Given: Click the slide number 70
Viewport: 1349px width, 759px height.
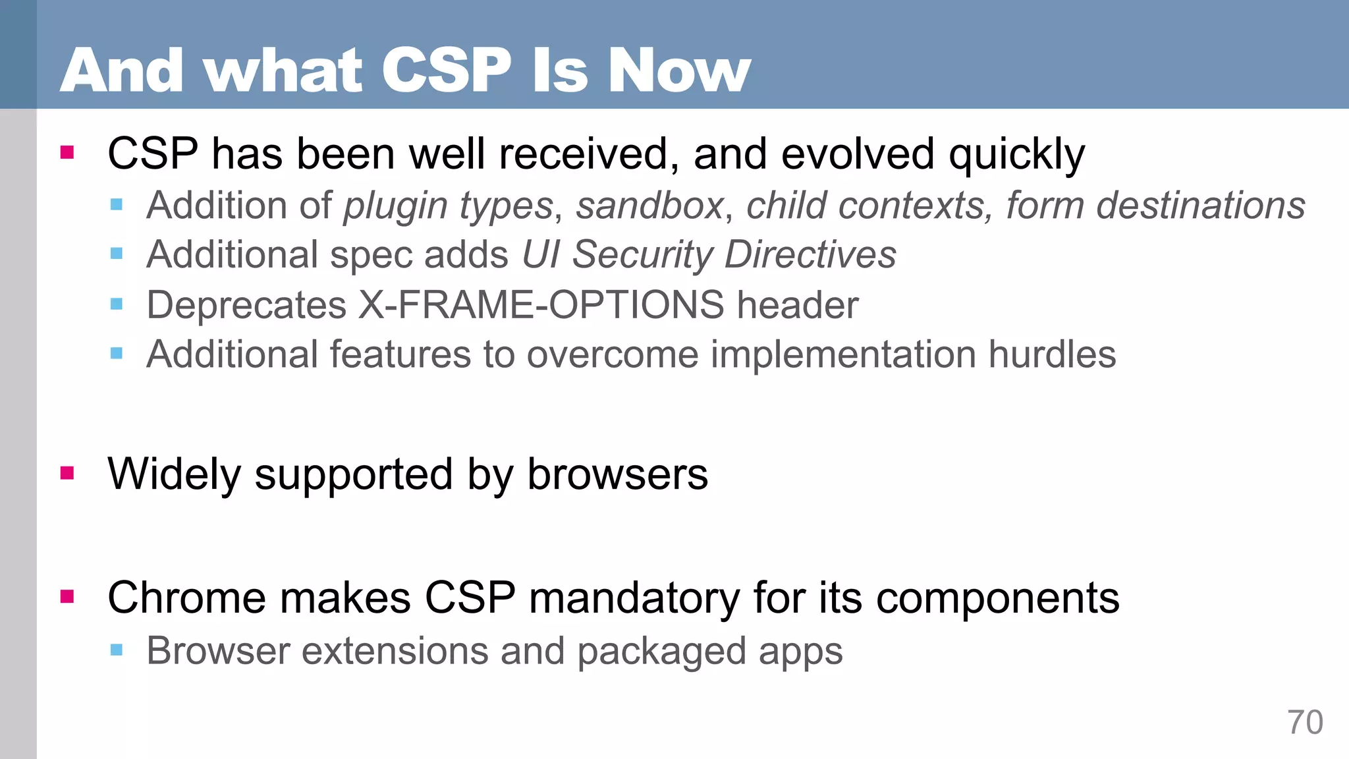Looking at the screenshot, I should coord(1305,723).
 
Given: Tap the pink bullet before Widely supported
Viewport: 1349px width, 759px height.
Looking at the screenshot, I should coord(67,473).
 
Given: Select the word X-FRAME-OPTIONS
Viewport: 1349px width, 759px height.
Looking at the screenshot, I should coord(541,305).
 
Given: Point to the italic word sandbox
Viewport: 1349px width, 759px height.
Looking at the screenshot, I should coord(650,206).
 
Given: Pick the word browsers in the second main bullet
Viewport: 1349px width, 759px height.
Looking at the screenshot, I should coord(617,474).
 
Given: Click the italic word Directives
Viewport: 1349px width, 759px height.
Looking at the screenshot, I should coord(810,255).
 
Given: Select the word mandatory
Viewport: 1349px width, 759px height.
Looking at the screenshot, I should coord(634,598).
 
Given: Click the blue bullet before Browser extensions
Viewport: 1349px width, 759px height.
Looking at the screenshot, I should coord(117,650).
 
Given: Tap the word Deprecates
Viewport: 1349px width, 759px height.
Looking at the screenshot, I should coord(246,305).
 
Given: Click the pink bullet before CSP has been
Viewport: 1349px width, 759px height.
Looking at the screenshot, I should coord(67,153).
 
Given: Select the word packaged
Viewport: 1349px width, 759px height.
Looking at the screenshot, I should coord(661,652).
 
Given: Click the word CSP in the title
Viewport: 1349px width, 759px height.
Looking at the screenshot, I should coord(446,71).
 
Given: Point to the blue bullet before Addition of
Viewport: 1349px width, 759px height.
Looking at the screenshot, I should coord(117,204).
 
